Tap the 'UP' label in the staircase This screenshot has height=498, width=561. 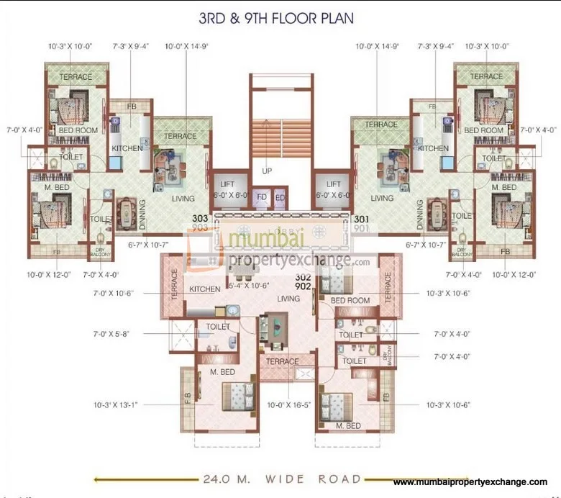pos(267,171)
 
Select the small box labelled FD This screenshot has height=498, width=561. pos(263,197)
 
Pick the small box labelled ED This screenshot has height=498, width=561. pos(279,197)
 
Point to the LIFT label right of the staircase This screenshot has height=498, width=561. pos(333,184)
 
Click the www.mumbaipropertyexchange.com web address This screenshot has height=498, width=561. pos(470,481)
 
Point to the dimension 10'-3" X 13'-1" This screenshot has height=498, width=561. pos(119,404)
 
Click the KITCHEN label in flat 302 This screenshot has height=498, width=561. pos(204,289)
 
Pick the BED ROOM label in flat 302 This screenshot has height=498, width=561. pos(350,300)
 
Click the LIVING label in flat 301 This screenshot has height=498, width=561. pos(381,199)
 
